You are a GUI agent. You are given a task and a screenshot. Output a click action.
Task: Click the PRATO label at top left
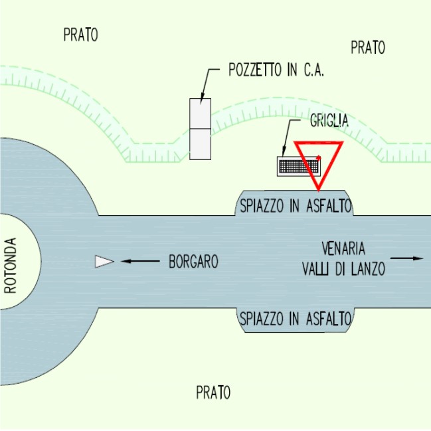coord(80,35)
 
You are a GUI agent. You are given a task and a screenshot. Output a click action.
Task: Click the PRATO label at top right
coord(367,47)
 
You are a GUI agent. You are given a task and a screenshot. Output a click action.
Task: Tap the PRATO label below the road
coord(213,392)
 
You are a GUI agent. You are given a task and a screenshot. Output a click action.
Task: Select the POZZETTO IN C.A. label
coord(276,71)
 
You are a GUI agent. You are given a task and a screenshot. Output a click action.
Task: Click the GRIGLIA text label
coord(329,121)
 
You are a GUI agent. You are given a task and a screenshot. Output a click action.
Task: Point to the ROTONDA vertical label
coord(10,261)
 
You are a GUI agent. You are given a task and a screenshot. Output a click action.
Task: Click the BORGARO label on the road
coord(193,262)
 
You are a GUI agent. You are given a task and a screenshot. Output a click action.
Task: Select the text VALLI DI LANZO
coord(343,269)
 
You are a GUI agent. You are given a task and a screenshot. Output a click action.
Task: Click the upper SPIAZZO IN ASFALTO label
coord(295,206)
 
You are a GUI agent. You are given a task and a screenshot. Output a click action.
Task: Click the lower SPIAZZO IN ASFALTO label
coord(295,319)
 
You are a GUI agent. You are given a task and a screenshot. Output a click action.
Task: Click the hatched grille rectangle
coord(292,165)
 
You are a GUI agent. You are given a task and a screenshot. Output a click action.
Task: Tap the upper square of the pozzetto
coord(200,114)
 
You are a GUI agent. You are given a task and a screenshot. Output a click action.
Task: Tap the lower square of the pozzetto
coord(200,144)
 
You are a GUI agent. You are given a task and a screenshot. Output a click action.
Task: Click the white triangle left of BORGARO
coord(104,262)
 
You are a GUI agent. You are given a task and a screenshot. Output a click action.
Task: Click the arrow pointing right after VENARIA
coord(407,258)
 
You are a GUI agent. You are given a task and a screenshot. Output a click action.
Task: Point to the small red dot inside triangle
coord(319,157)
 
